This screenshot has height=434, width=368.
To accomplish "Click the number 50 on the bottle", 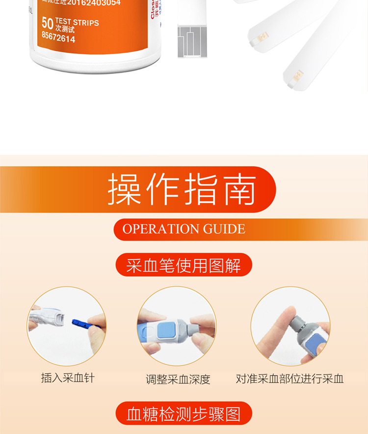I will (x=48, y=23).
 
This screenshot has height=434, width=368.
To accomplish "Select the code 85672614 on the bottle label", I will (x=58, y=39).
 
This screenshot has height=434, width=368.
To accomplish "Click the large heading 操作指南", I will (x=182, y=189).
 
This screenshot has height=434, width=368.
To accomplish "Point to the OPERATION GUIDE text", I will (x=184, y=229).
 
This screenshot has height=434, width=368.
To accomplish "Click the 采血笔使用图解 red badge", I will (x=184, y=265).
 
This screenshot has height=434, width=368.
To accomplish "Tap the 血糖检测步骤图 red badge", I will (x=184, y=413).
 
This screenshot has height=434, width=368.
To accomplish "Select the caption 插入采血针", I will (x=68, y=378).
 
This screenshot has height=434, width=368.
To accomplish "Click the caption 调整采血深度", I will (x=178, y=379).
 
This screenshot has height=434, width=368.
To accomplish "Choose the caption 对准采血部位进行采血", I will (x=289, y=379).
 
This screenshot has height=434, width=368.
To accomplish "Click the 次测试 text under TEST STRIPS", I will (x=65, y=30).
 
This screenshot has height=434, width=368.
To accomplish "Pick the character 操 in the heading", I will (x=125, y=189).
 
